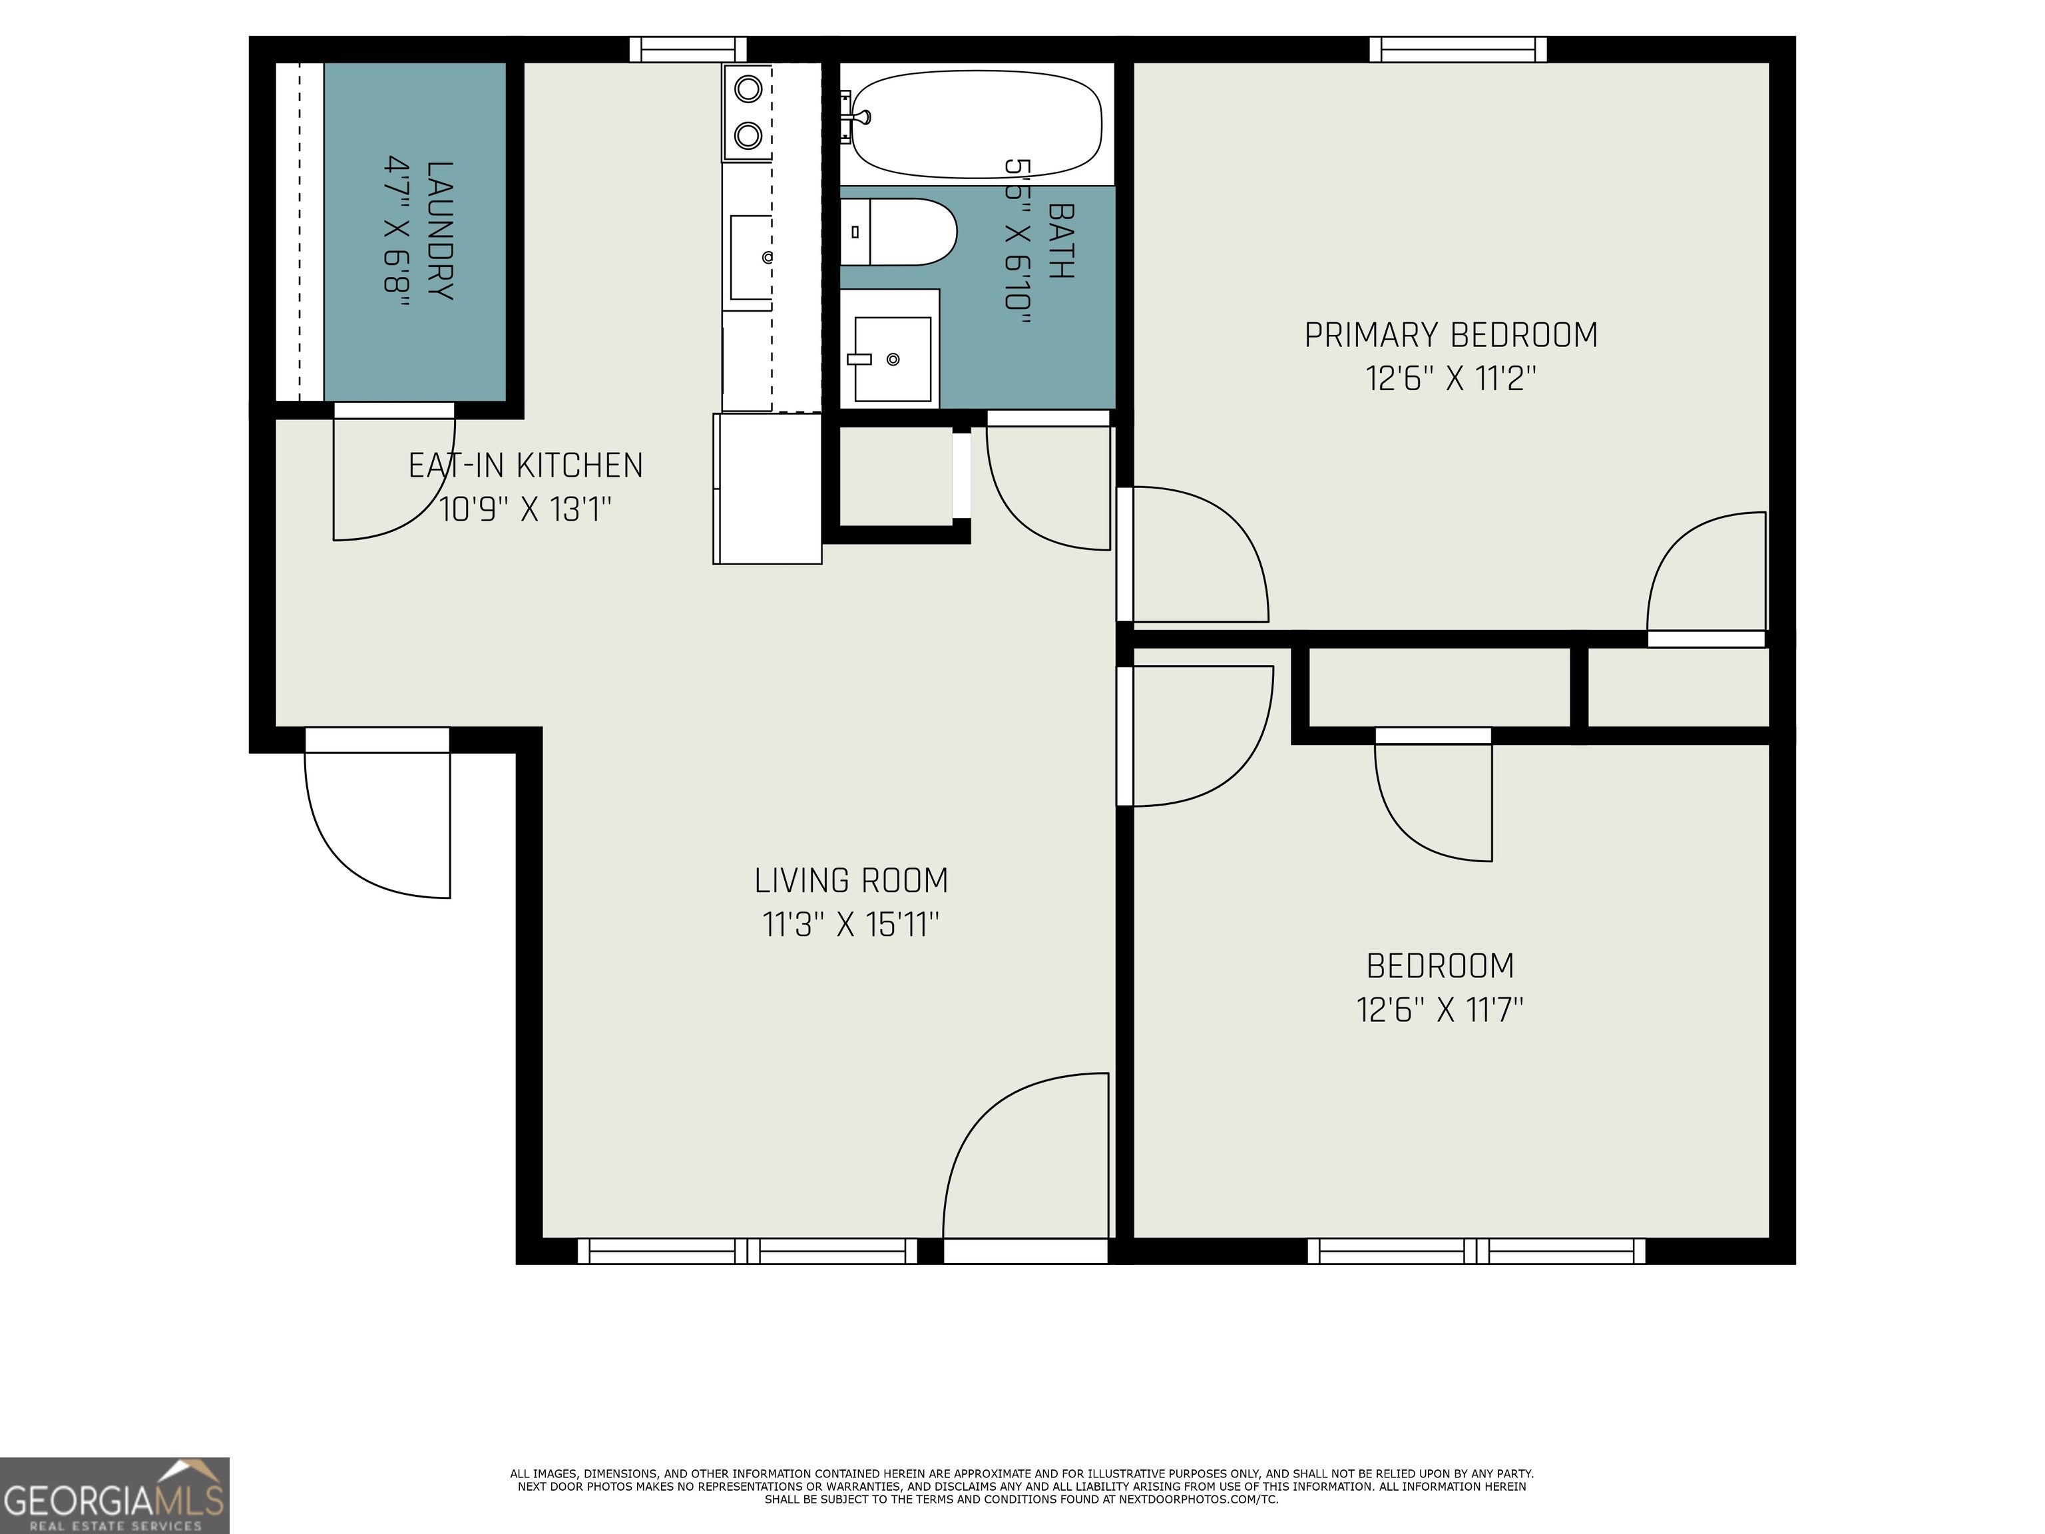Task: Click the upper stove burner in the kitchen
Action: pyautogui.click(x=748, y=90)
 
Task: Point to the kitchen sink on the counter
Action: pyautogui.click(x=751, y=257)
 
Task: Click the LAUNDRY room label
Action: pyautogui.click(x=440, y=231)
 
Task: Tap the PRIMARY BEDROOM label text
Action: pyautogui.click(x=1451, y=335)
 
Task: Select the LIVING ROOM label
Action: pyautogui.click(x=851, y=880)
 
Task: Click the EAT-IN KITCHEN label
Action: pyautogui.click(x=525, y=465)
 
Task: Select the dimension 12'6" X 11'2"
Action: pyautogui.click(x=1451, y=378)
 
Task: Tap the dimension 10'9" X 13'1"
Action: pyautogui.click(x=525, y=509)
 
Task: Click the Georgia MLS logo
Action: pyautogui.click(x=114, y=1495)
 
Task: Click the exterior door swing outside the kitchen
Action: pyautogui.click(x=377, y=825)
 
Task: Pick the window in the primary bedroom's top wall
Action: pyautogui.click(x=1458, y=49)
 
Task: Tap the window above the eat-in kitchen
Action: pyautogui.click(x=688, y=49)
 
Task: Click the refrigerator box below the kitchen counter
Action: pyautogui.click(x=768, y=488)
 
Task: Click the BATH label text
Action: pyautogui.click(x=1060, y=240)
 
